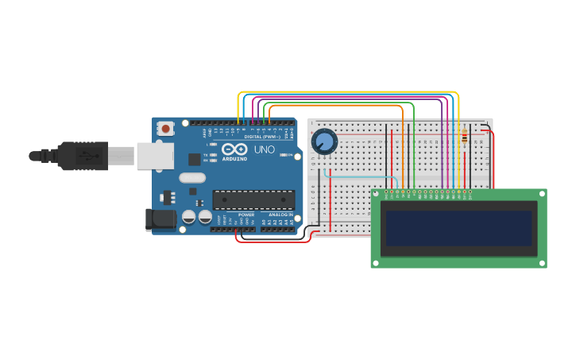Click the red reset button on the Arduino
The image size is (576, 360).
pos(165,128)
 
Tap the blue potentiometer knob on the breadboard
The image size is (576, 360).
pos(324,141)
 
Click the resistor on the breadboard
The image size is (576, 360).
pos(464,138)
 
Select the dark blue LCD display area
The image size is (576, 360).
pos(458,228)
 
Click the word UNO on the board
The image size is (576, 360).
pos(264,149)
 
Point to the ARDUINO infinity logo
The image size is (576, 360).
pos(234,149)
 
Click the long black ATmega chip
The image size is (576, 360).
pos(253,200)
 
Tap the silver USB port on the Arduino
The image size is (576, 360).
pos(155,156)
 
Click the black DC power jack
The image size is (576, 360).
pos(160,219)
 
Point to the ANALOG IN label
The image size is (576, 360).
pos(280,215)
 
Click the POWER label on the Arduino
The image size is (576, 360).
pos(246,215)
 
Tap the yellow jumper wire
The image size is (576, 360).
pos(350,92)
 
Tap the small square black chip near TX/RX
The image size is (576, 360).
pos(194,159)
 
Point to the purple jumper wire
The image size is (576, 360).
pos(350,99)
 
